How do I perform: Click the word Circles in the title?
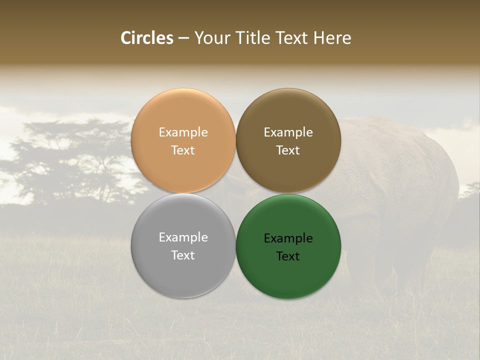[146, 38]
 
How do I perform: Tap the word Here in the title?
[332, 38]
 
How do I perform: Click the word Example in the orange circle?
[183, 132]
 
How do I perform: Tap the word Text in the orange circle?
[183, 150]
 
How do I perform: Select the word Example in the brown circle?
[288, 132]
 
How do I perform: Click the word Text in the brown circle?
[288, 150]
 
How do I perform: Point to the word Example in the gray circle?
[183, 237]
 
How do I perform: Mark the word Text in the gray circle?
[183, 255]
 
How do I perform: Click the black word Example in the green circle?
[288, 238]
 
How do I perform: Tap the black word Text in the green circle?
[288, 256]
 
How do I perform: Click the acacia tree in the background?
[75, 160]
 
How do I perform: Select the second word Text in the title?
[292, 38]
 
